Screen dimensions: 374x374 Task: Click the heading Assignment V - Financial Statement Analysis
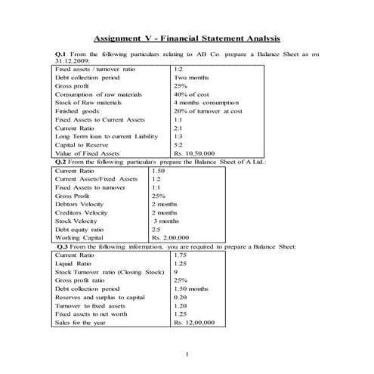(186, 37)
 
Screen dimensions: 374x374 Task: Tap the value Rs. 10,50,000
(197, 153)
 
